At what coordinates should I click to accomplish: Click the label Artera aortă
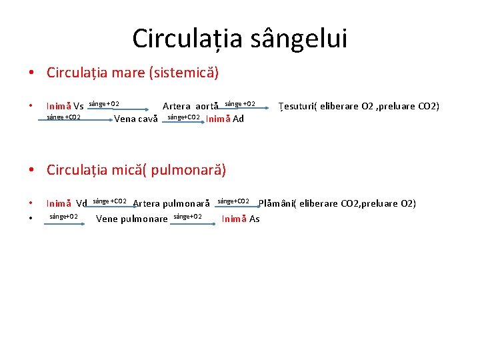point(191,107)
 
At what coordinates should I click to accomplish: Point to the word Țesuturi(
point(297,106)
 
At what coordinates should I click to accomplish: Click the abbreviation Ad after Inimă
point(238,119)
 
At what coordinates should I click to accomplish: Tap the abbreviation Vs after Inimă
point(79,107)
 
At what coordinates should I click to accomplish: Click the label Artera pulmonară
point(171,203)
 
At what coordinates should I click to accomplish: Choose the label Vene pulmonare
point(132,219)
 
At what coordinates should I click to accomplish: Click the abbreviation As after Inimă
point(254,219)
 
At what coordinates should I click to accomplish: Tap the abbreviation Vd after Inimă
point(82,203)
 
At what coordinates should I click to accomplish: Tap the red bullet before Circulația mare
point(31,72)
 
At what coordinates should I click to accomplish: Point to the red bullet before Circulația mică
point(31,170)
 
